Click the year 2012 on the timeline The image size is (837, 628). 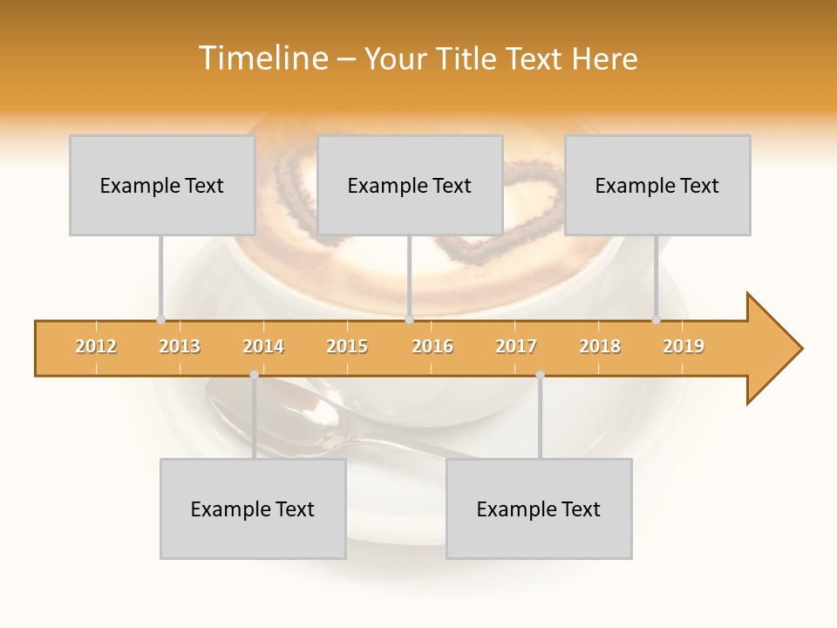(x=96, y=346)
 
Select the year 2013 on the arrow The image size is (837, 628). (x=180, y=346)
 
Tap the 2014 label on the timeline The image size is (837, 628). (x=263, y=346)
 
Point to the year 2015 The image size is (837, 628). (x=347, y=346)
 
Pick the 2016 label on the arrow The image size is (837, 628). (x=432, y=346)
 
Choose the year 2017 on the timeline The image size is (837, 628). (x=516, y=346)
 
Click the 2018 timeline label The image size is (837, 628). (x=600, y=346)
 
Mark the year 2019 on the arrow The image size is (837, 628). (x=684, y=346)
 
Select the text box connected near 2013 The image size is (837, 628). (x=162, y=185)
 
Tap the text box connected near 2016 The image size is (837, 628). (x=410, y=185)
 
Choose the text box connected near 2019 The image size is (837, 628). (x=657, y=185)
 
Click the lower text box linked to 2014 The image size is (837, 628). (x=253, y=509)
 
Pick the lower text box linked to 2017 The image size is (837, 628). (x=539, y=509)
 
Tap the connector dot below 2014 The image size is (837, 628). (x=254, y=374)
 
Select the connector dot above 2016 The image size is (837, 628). (x=409, y=319)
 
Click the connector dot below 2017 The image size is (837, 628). (x=540, y=374)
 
